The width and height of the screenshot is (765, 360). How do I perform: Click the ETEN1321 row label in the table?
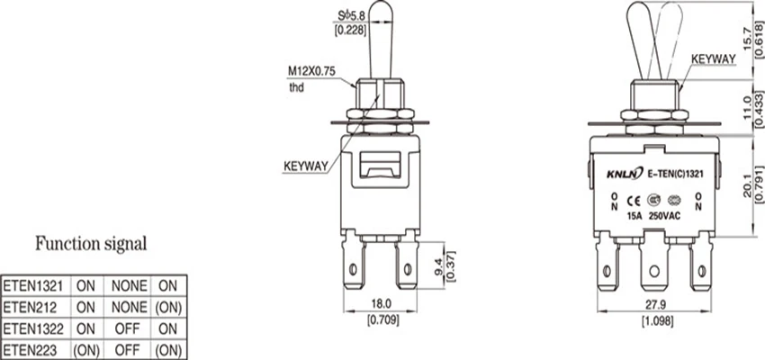pyautogui.click(x=33, y=286)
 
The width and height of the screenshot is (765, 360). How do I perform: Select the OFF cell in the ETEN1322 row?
pyautogui.click(x=127, y=328)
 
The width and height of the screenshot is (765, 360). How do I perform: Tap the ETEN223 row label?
pyautogui.click(x=30, y=350)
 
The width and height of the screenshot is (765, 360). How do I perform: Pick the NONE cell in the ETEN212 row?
pyautogui.click(x=130, y=307)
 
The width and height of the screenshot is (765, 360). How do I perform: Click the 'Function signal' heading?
pyautogui.click(x=91, y=244)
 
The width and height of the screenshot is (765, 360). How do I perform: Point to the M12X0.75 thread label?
pyautogui.click(x=311, y=71)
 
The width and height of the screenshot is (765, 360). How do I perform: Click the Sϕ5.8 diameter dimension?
pyautogui.click(x=351, y=16)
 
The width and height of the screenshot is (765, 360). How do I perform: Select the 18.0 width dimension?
pyautogui.click(x=381, y=304)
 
